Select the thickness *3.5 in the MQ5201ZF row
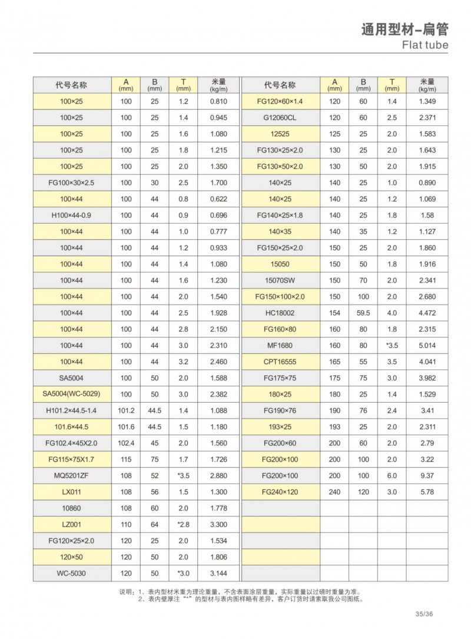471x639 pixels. pos(183,474)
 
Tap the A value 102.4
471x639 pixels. pos(127,442)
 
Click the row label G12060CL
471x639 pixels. pos(280,118)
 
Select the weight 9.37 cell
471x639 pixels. pos(427,474)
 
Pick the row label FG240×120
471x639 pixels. pos(280,491)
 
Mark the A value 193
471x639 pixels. pos(334,426)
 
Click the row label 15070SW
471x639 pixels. pos(280,280)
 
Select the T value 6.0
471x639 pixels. pos(392,474)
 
